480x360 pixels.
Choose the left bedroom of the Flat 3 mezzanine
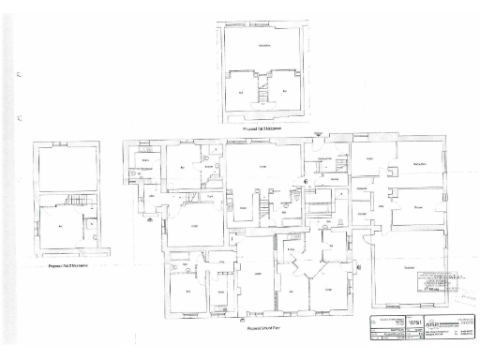(242, 91)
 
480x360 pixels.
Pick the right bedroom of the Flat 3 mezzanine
(285, 91)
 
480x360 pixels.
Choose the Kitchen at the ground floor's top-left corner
(146, 161)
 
